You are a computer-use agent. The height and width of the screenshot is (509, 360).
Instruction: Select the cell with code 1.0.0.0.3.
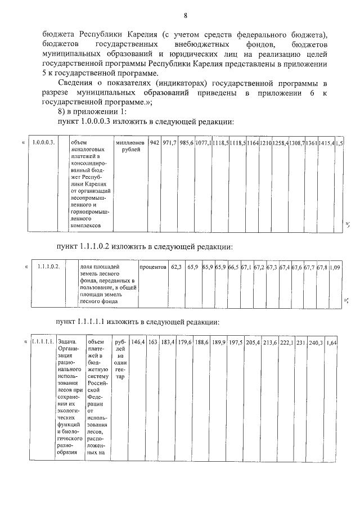pos(43,143)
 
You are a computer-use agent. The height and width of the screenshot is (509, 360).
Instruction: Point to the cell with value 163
pos(152,342)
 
